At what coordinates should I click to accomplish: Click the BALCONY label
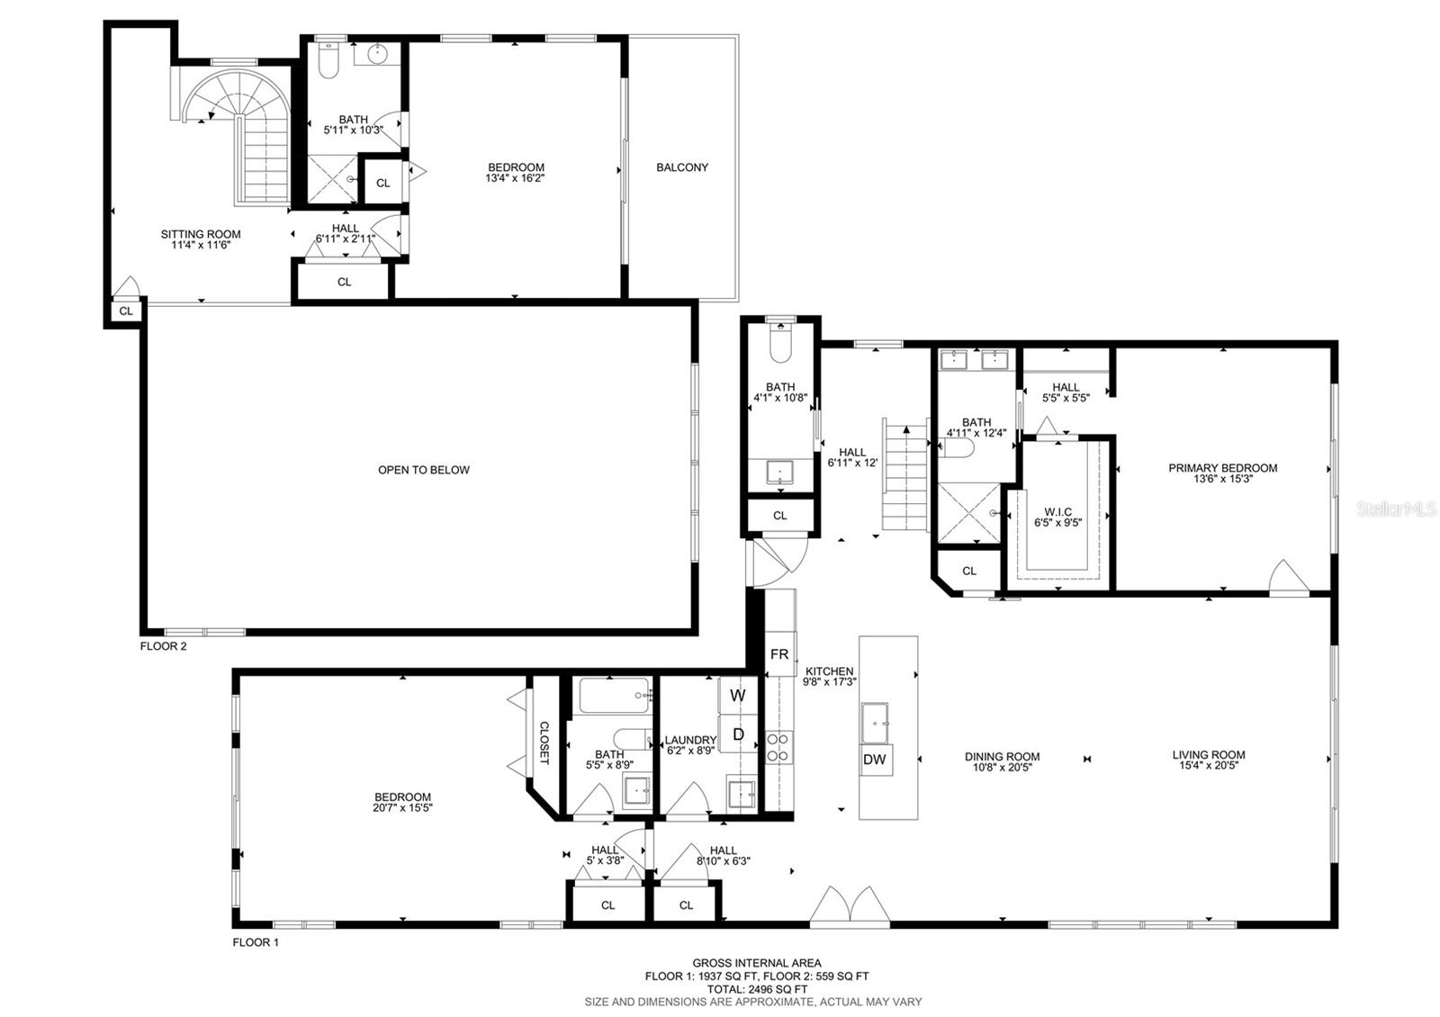[x=682, y=167]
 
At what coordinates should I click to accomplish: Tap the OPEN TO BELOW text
[x=424, y=470]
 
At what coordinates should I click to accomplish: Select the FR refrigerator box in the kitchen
[x=779, y=653]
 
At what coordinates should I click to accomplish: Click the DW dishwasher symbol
[x=875, y=760]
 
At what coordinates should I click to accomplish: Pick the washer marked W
[x=738, y=696]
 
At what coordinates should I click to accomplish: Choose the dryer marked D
[x=739, y=733]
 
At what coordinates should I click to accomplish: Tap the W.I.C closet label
[x=1058, y=512]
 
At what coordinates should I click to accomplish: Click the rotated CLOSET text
[x=544, y=742]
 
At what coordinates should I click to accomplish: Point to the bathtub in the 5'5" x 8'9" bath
[x=614, y=696]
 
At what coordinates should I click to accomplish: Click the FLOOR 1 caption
[x=256, y=942]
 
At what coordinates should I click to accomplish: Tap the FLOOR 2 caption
[x=163, y=646]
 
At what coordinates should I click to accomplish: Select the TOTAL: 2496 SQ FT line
[x=757, y=989]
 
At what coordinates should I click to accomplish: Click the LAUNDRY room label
[x=690, y=740]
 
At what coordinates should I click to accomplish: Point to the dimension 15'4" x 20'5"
[x=1209, y=765]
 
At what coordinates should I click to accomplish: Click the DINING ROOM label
[x=1003, y=757]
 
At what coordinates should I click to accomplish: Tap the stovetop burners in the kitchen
[x=778, y=747]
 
